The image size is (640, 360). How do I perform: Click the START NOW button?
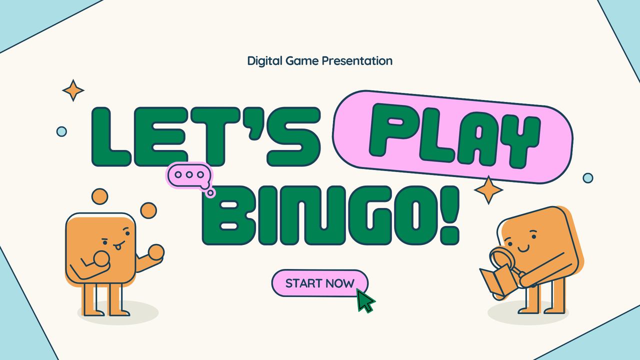(x=319, y=283)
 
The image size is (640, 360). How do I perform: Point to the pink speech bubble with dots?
(x=187, y=176)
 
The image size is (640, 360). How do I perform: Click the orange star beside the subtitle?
(x=73, y=90)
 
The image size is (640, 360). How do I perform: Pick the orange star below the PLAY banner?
(x=488, y=190)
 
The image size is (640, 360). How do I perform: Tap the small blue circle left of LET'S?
(x=61, y=131)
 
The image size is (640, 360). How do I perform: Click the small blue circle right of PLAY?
(x=588, y=178)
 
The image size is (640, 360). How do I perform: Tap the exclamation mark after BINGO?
(x=447, y=215)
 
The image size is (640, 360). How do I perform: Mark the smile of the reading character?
(x=523, y=247)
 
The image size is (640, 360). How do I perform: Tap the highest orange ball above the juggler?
(x=100, y=196)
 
